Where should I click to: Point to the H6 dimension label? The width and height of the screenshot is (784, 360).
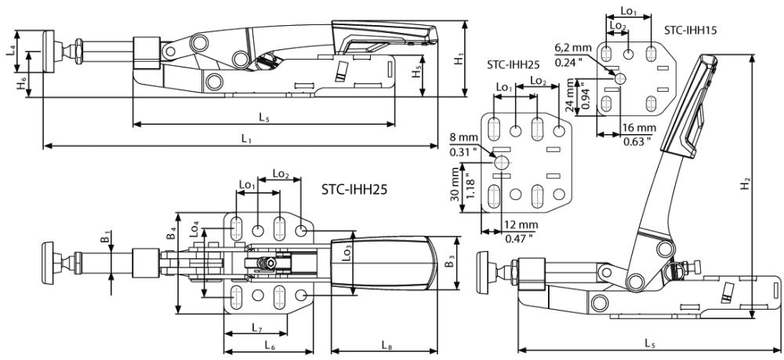[x=20, y=83]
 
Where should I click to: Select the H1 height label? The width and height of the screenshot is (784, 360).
[x=458, y=59]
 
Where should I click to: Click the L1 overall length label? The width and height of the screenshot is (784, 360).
[x=246, y=139]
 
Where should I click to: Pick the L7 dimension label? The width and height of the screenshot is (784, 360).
[x=257, y=328]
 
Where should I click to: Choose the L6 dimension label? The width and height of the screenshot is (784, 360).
[x=268, y=345]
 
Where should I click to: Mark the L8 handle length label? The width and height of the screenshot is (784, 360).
[x=387, y=345]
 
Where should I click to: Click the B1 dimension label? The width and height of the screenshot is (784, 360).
[x=104, y=236]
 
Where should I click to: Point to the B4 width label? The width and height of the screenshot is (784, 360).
[x=170, y=232]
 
